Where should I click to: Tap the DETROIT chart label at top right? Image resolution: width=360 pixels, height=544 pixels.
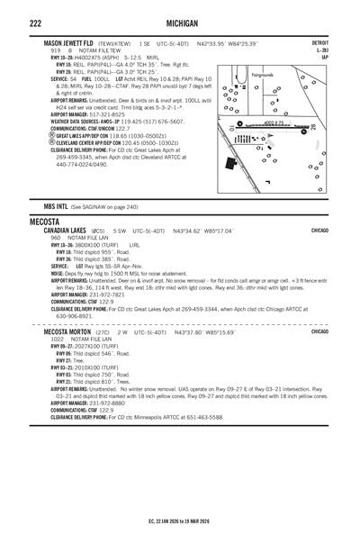click(319, 42)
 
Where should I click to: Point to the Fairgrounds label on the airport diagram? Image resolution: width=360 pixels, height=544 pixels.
click(265, 74)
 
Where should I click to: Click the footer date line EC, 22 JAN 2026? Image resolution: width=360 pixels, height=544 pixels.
click(180, 521)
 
